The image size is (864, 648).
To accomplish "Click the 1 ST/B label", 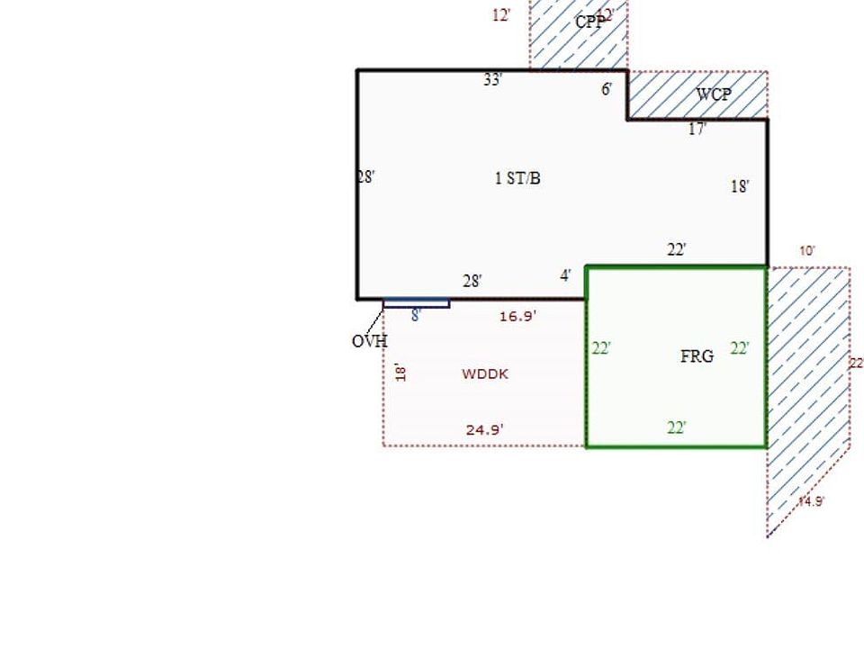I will coord(517,178).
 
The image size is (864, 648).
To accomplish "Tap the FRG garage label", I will coord(697,356).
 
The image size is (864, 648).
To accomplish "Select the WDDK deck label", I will coord(485,373).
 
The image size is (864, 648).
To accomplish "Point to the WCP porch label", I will coord(714,94).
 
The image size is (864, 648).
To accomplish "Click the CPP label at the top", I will coord(589,22).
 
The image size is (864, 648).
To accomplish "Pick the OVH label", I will coord(369,341).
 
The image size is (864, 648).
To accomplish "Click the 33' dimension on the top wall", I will coord(492,80).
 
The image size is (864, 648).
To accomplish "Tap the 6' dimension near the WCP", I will coord(607,89).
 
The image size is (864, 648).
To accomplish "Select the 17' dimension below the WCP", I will coord(697,130).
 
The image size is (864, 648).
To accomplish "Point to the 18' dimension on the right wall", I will coord(740,187).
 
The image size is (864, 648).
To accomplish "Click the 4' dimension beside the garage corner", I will coord(565,275).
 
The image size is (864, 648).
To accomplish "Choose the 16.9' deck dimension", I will coord(517,316).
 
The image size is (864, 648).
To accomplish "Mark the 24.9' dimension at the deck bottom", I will coord(484,429).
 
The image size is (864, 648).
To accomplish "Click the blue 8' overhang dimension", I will coord(416,315).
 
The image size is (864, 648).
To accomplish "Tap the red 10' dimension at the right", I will coord(807,251).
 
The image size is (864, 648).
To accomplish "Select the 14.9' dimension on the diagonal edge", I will coord(811,501).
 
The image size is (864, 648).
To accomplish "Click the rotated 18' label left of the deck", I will coord(401,373).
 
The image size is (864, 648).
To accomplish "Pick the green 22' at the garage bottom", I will coord(677,427).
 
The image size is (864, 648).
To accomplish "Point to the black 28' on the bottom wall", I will coord(472,282).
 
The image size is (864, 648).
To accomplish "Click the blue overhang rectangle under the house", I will coord(417,304).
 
